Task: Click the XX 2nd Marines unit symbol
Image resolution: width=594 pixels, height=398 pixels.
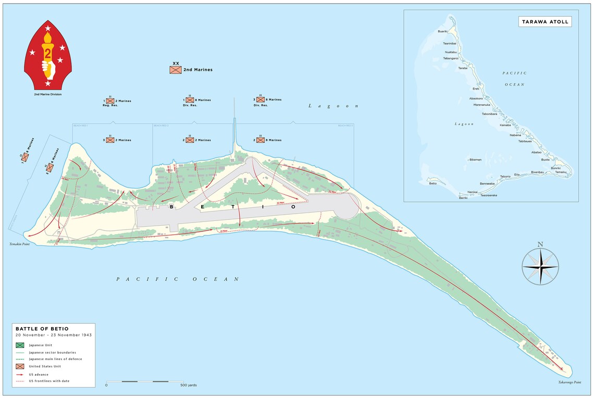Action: click(176, 69)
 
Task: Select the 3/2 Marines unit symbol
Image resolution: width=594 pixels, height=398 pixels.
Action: click(110, 140)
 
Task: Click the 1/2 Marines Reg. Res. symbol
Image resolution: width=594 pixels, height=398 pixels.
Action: click(110, 100)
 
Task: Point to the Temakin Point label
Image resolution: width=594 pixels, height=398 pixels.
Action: click(19, 244)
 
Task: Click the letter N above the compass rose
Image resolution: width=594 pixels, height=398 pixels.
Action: click(540, 244)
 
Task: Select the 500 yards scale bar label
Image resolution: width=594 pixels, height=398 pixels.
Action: click(188, 385)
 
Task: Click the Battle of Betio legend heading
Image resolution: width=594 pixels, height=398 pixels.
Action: click(42, 329)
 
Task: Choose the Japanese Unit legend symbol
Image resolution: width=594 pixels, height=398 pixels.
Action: click(20, 345)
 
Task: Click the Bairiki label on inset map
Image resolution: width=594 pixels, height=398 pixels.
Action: click(463, 198)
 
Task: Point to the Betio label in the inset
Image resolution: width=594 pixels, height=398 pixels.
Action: click(432, 183)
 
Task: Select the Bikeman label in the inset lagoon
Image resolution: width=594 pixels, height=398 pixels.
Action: click(475, 159)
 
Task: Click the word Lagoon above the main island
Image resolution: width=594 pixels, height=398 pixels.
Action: click(333, 106)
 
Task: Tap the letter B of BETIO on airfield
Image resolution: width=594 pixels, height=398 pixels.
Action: click(171, 207)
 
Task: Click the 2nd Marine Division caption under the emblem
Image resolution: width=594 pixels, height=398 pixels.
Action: click(48, 94)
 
